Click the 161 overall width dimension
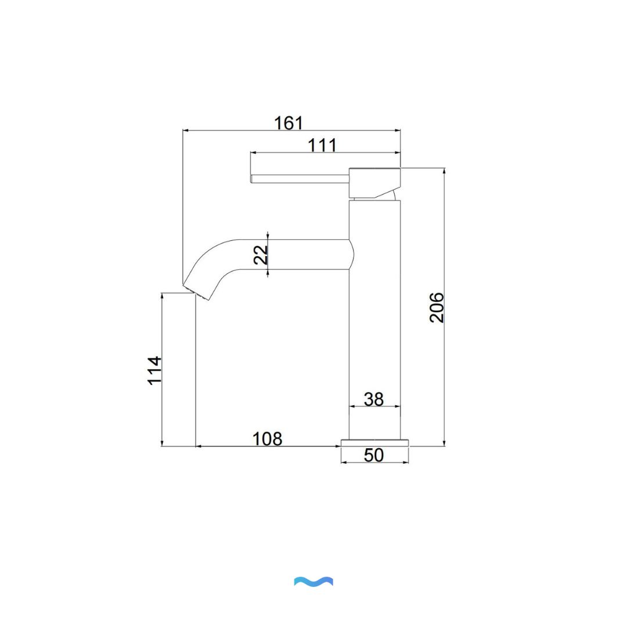click(x=289, y=123)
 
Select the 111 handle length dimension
click(x=322, y=145)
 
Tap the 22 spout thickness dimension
click(x=261, y=254)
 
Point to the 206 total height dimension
click(x=437, y=307)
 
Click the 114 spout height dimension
click(x=154, y=370)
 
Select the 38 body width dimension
click(x=374, y=399)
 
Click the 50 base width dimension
click(x=374, y=456)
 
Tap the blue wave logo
click(x=313, y=581)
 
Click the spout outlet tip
click(x=196, y=291)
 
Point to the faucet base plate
click(x=374, y=443)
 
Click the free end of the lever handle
click(x=253, y=178)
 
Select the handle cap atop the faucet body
click(x=374, y=182)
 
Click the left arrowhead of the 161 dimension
click(x=185, y=131)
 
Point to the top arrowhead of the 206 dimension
click(x=444, y=171)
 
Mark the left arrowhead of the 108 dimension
click(x=198, y=446)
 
